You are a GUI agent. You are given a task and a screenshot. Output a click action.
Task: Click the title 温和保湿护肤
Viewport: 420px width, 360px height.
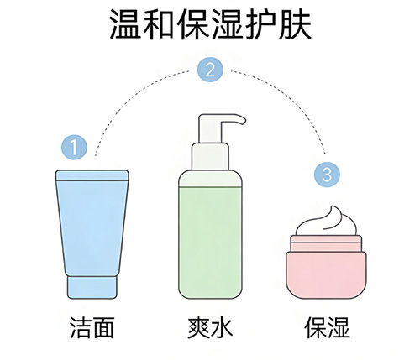[210, 24]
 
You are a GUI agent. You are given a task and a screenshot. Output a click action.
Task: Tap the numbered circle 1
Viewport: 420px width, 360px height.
[74, 147]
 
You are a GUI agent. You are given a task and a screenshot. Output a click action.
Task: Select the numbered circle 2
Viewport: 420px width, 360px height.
[210, 70]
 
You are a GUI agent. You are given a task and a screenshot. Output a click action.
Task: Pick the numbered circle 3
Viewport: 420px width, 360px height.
[327, 175]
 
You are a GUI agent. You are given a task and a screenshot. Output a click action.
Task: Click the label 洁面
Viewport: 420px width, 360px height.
[92, 327]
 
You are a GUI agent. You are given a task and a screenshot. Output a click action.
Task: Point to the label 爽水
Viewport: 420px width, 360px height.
[210, 327]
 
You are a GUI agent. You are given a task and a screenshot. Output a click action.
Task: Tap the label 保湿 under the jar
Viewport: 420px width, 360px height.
[327, 327]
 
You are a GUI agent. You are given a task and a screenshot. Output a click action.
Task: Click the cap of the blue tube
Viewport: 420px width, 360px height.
[92, 287]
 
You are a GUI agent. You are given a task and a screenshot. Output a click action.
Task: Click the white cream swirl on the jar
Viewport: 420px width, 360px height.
[327, 222]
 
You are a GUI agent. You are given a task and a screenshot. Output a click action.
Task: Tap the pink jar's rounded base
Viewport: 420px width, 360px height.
[326, 275]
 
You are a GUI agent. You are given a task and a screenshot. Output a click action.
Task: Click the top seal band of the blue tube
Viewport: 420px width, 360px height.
[92, 175]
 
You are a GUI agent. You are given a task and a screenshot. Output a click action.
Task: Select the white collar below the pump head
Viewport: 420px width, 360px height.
[210, 156]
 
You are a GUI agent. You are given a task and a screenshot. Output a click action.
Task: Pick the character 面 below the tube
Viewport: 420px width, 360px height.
[103, 327]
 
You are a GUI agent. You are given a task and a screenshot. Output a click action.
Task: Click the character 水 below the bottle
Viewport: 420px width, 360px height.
[222, 327]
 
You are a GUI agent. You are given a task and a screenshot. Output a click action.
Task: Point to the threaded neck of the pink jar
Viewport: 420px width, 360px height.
[326, 243]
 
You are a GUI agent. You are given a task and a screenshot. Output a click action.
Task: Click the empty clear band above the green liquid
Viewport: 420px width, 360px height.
[210, 181]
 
